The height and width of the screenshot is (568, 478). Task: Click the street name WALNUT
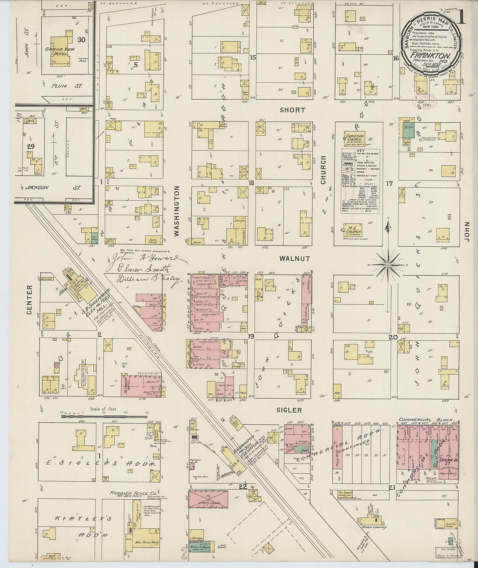[295, 259]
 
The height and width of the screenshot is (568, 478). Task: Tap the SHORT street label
[292, 110]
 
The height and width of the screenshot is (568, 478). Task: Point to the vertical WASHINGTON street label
[177, 211]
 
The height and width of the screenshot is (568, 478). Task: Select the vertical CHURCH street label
[323, 170]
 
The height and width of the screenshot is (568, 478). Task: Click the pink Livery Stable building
[208, 499]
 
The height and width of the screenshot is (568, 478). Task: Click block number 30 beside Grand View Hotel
[81, 40]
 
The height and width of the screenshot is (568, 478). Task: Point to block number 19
[251, 336]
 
